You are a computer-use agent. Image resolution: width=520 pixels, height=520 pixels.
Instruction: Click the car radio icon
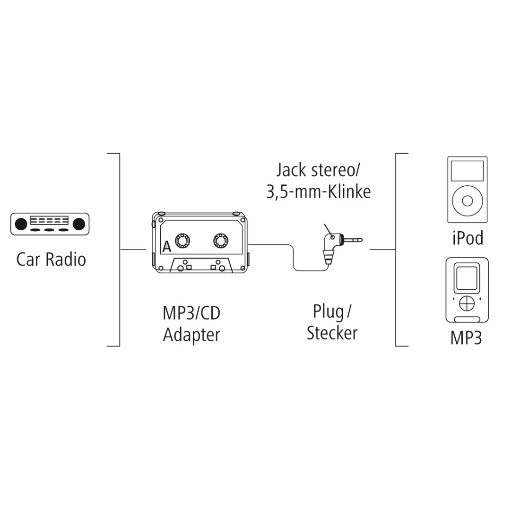(x=50, y=224)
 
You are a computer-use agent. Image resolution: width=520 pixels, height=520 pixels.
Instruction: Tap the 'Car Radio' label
(x=51, y=259)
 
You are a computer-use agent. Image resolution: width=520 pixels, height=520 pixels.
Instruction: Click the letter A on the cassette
(x=166, y=247)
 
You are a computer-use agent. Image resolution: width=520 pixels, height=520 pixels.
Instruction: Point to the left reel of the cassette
(x=182, y=241)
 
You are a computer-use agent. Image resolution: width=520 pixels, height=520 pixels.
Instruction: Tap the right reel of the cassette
(x=220, y=241)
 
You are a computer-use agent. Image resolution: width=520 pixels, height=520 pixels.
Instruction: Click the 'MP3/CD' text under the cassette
(x=191, y=313)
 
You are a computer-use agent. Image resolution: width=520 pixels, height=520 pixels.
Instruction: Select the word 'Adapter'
(x=191, y=335)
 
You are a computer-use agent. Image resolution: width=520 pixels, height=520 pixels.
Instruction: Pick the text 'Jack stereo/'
(x=315, y=170)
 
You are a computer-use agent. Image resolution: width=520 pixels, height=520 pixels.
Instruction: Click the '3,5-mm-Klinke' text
(x=318, y=192)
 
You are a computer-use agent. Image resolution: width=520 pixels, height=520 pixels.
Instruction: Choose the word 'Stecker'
(x=332, y=333)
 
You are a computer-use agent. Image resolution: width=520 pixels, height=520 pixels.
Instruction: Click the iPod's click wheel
(x=467, y=201)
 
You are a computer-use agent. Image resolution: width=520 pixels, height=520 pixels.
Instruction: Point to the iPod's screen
(x=467, y=171)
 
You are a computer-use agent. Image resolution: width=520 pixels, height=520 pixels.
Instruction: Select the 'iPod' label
(x=468, y=238)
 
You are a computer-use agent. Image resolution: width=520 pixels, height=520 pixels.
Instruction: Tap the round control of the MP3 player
(x=467, y=303)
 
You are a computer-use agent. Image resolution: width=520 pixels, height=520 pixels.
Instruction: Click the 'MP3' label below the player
(x=466, y=338)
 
